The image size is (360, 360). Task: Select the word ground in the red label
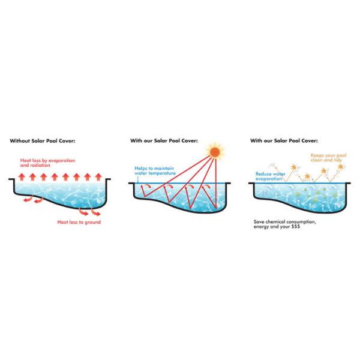92,221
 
